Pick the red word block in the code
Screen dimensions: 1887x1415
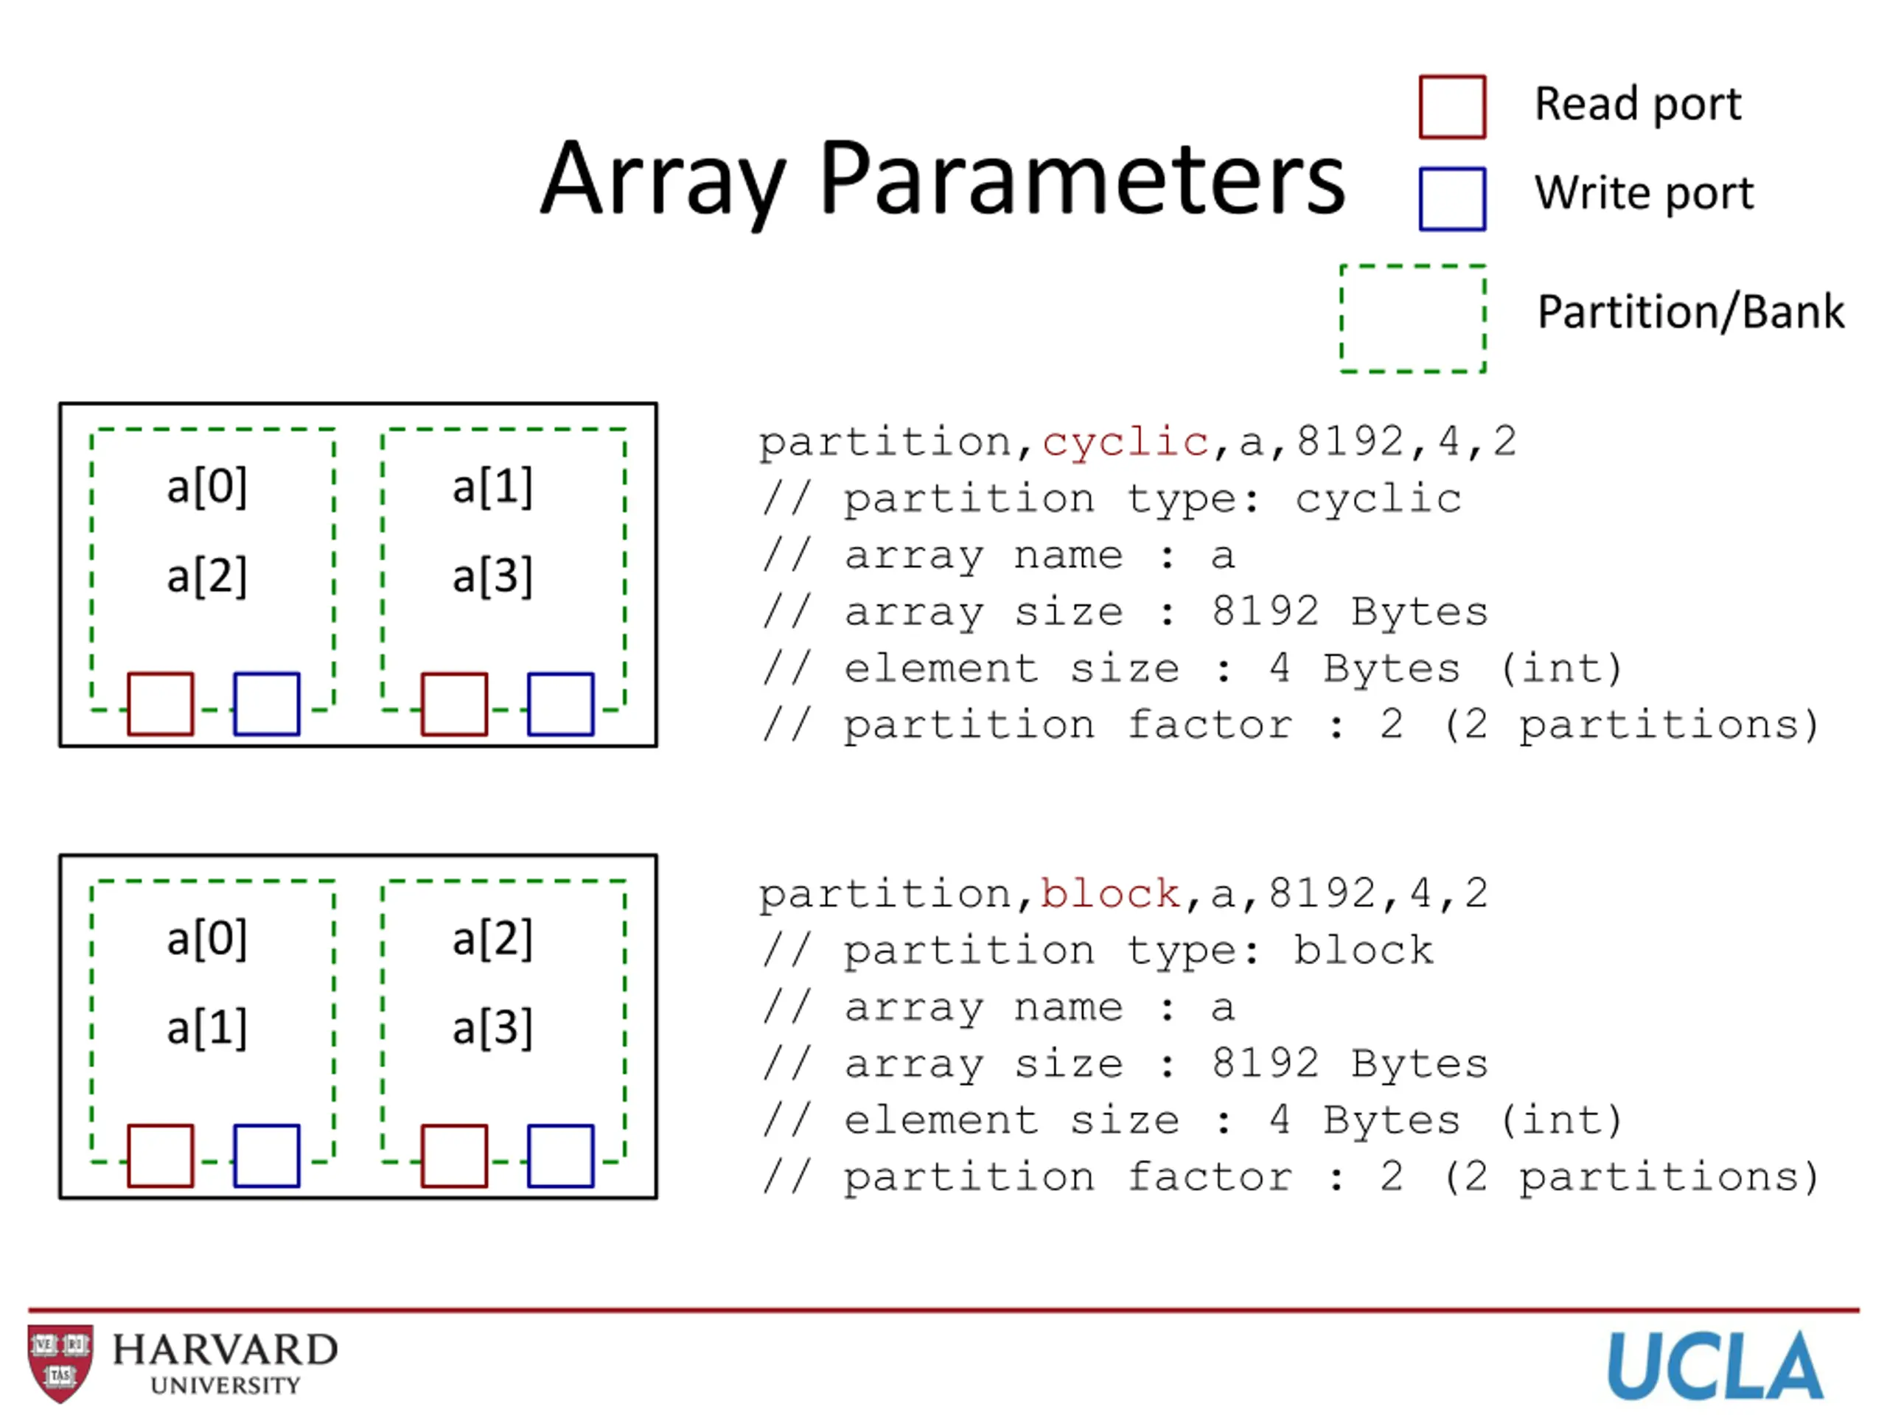(x=1111, y=894)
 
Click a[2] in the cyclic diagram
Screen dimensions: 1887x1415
(x=206, y=576)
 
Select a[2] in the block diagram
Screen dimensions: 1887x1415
(x=492, y=939)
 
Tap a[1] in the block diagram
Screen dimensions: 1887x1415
(x=206, y=1028)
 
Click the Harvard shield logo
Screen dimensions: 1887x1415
(x=60, y=1363)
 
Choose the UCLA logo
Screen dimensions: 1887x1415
(x=1715, y=1366)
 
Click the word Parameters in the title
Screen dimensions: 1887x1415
(x=1081, y=180)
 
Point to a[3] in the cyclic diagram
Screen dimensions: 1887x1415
(x=492, y=576)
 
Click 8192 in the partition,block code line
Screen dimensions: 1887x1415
(x=1322, y=894)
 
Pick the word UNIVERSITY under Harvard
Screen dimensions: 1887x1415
(x=226, y=1385)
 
